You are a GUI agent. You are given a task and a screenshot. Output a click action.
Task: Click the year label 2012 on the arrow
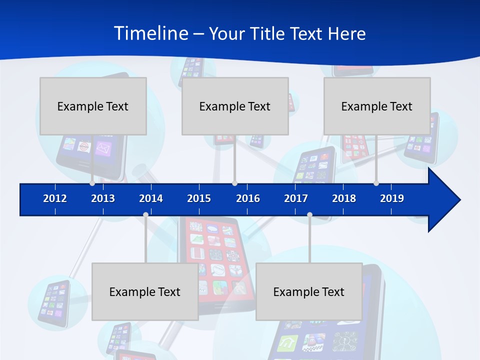(x=55, y=198)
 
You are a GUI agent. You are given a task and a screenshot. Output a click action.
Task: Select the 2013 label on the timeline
(x=103, y=198)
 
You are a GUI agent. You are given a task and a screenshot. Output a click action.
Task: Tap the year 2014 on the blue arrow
(x=151, y=198)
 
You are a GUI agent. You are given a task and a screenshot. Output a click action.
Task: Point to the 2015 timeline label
(x=199, y=198)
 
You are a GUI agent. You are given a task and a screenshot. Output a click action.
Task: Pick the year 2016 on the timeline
(x=248, y=198)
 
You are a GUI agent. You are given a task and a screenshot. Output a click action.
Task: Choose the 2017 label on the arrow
(x=296, y=198)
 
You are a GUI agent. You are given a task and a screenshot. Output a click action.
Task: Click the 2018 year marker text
(x=344, y=198)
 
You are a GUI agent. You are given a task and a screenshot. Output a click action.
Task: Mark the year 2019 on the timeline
(x=392, y=198)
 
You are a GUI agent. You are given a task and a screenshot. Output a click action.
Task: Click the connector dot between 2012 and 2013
(x=92, y=183)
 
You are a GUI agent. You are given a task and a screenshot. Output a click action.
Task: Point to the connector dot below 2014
(x=145, y=215)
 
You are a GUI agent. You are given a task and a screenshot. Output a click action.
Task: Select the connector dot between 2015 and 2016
(x=234, y=183)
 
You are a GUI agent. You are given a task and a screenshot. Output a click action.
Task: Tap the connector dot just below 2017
(x=309, y=215)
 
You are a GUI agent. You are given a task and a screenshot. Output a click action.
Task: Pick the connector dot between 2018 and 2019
(x=376, y=183)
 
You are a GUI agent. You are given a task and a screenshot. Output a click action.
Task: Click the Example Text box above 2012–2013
(x=93, y=106)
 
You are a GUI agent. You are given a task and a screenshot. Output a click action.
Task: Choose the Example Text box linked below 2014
(x=145, y=291)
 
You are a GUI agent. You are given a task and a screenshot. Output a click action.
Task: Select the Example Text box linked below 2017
(x=309, y=291)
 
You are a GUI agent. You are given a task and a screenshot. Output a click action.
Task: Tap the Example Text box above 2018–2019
(x=377, y=106)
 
